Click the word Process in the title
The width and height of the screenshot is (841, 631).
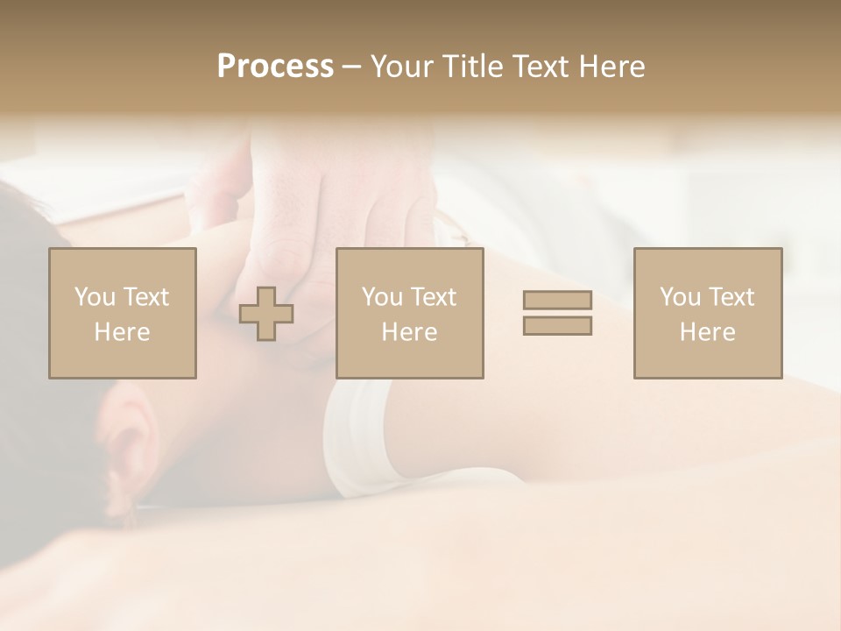pyautogui.click(x=275, y=67)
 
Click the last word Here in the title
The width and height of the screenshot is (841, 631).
pyautogui.click(x=612, y=67)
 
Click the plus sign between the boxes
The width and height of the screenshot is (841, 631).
pyautogui.click(x=266, y=314)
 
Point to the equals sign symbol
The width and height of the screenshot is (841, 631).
pyautogui.click(x=557, y=313)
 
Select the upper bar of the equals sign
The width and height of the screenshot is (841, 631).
pyautogui.click(x=557, y=301)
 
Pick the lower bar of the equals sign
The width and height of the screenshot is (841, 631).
pyautogui.click(x=557, y=325)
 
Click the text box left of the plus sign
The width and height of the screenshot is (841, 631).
pyautogui.click(x=123, y=313)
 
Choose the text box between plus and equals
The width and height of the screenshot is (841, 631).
pyautogui.click(x=410, y=313)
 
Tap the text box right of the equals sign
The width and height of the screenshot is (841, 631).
pyautogui.click(x=708, y=313)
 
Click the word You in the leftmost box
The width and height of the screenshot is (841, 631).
pyautogui.click(x=95, y=297)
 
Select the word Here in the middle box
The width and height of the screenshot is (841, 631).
pyautogui.click(x=410, y=331)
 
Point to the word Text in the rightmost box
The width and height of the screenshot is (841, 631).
pyautogui.click(x=731, y=297)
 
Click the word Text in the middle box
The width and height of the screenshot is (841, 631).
pyautogui.click(x=433, y=297)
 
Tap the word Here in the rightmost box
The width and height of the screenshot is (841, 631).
pyautogui.click(x=708, y=331)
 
